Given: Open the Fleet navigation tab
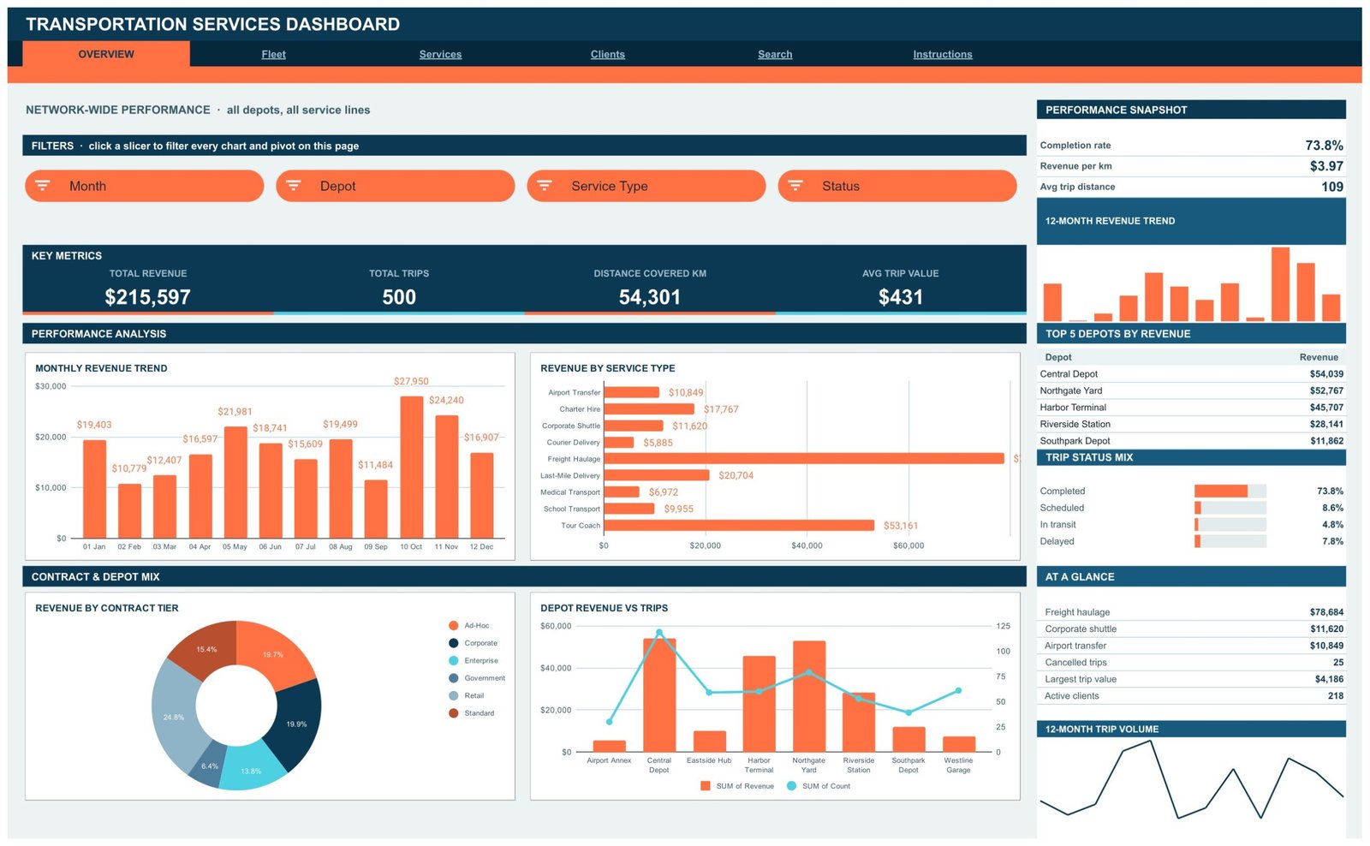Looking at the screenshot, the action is (273, 55).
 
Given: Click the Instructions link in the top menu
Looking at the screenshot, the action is (943, 55).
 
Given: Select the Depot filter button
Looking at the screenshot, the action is (395, 186).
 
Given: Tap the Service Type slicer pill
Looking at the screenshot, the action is (646, 186).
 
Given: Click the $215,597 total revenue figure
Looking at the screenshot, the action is (147, 296).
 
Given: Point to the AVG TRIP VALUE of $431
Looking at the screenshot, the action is (900, 296).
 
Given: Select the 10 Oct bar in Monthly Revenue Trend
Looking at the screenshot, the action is (412, 468).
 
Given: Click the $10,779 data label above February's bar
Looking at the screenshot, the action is (129, 468).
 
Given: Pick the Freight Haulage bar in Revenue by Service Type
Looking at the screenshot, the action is (804, 458).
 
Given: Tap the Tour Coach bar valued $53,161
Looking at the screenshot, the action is (739, 525).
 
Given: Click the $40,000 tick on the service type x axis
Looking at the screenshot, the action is (807, 545).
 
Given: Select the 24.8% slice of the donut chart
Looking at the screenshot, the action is (175, 712).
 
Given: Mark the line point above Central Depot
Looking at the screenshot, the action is (658, 632).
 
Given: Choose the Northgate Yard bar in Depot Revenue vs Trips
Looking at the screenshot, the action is (809, 696).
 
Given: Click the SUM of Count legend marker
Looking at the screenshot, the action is (791, 786).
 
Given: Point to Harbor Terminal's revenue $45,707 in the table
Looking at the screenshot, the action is (1326, 408).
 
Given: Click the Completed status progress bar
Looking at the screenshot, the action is (1230, 491).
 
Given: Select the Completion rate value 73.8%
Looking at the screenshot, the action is (1324, 146).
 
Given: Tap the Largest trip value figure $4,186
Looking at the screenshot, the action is (1328, 679).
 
